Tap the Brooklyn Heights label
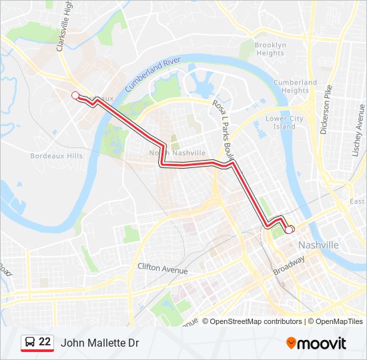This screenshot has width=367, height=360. [270, 49]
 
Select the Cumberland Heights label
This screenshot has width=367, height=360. [295, 86]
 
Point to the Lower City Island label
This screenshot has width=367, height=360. [284, 122]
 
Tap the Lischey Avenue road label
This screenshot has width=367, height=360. [360, 129]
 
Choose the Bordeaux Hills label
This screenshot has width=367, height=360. [57, 155]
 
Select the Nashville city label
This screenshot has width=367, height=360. [318, 245]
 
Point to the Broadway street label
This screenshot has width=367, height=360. [288, 266]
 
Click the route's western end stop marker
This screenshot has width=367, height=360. [75, 95]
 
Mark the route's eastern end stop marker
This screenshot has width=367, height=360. [289, 229]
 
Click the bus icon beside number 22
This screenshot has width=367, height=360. [30, 342]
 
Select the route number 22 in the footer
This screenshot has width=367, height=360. [45, 342]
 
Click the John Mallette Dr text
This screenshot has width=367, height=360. [100, 343]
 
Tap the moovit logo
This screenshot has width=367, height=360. [316, 343]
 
